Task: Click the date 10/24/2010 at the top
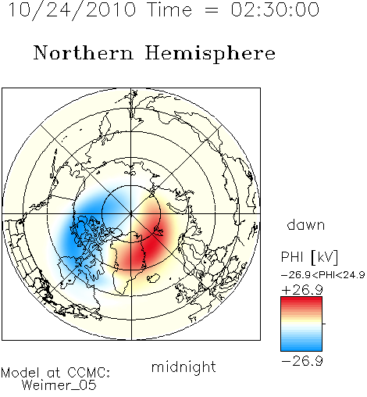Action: click(73, 9)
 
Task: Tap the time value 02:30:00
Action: click(275, 9)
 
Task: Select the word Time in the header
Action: click(169, 9)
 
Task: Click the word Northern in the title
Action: click(84, 53)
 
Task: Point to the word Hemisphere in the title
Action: click(210, 53)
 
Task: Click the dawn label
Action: click(306, 224)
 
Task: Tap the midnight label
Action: click(183, 367)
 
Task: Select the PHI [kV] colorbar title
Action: click(309, 257)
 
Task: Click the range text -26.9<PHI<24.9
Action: click(322, 275)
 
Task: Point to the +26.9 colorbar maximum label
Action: click(302, 290)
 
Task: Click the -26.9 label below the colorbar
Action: click(302, 361)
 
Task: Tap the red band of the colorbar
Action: click(301, 303)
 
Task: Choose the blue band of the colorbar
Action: click(301, 344)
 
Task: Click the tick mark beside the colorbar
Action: click(324, 324)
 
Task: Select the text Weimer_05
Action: click(59, 385)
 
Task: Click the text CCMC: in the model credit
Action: click(88, 373)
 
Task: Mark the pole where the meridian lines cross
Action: click(131, 214)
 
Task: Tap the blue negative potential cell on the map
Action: click(86, 229)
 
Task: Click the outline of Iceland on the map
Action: click(153, 277)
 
